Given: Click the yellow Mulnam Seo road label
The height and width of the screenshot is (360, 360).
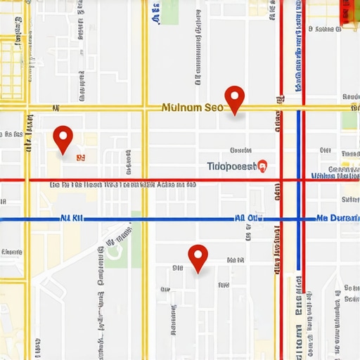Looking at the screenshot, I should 191,108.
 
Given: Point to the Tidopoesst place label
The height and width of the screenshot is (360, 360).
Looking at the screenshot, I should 232,166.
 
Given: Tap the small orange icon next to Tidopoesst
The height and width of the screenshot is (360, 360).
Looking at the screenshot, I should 263,166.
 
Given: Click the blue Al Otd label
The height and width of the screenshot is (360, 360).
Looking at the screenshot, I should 249,219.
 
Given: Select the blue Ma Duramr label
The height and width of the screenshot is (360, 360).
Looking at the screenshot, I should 337,219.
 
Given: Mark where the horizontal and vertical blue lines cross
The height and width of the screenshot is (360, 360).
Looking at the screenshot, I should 299,219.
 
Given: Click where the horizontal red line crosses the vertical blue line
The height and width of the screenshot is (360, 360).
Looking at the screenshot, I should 299,180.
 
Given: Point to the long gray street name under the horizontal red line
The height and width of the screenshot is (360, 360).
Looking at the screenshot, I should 123,185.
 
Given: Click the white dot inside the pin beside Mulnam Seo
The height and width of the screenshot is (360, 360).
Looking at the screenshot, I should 233,95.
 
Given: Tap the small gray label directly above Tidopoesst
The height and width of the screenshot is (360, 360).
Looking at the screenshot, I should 241,150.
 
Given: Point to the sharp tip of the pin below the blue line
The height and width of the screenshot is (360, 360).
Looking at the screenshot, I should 198,273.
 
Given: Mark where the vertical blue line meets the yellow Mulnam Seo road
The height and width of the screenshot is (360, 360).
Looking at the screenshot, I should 299,108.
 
